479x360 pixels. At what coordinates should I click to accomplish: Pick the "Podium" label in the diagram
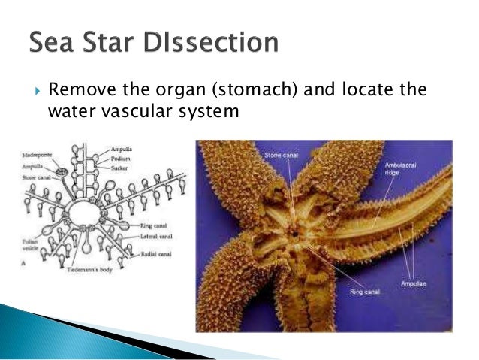pos(123,158)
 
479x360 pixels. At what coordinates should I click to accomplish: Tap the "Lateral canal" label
pos(152,234)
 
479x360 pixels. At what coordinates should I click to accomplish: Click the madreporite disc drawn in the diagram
pos(59,173)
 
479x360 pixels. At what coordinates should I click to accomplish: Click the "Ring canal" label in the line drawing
pos(149,225)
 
